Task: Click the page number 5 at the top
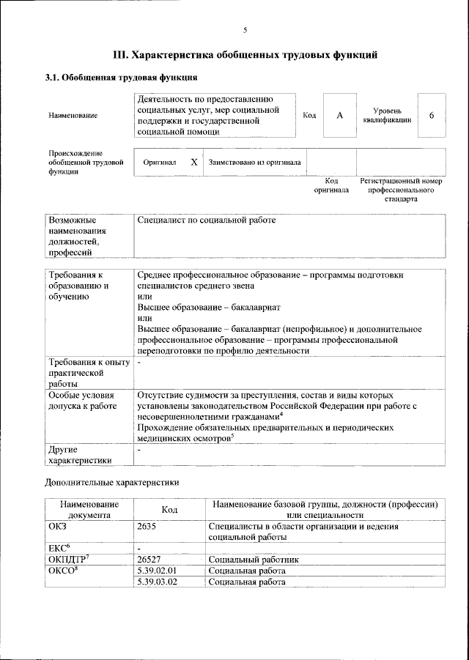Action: pos(245,30)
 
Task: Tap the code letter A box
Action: pos(340,116)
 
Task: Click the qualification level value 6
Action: pos(432,116)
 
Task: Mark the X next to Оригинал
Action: pos(193,162)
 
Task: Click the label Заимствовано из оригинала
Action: pos(254,162)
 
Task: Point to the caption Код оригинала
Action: pos(331,185)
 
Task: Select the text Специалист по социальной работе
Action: pos(207,220)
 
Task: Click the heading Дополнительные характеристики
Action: pos(111,483)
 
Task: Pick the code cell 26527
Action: pos(149,559)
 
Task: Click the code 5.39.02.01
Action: pos(158,571)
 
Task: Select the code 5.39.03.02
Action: pos(158,582)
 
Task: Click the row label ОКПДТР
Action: pos(68,559)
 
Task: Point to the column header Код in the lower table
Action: pos(169,509)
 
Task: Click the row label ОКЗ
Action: pos(57,526)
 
